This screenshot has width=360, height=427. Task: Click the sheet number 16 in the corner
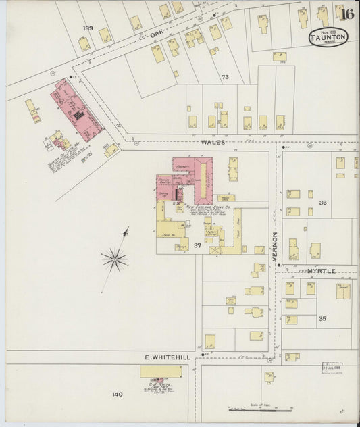coord(349,14)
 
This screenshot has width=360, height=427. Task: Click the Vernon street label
coord(275,247)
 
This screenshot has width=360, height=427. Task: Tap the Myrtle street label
coord(322,271)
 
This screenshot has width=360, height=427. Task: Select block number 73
coord(225,77)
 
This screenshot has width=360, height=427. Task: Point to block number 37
coord(197,245)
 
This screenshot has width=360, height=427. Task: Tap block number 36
coord(323,203)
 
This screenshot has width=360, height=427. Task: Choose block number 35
coord(323,318)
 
